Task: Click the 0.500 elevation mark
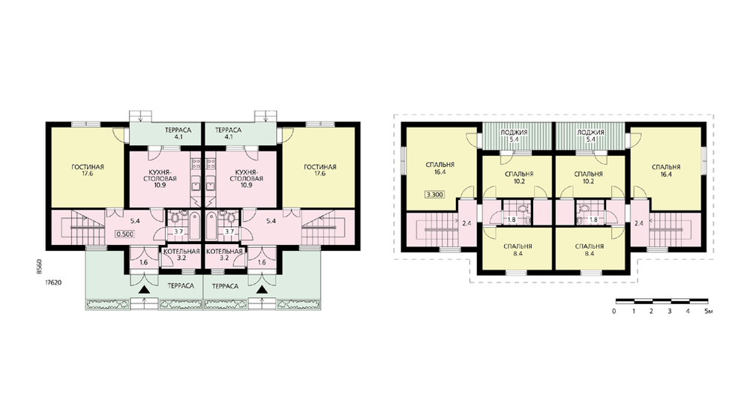click(x=124, y=234)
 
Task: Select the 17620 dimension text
click(x=53, y=282)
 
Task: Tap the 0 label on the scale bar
click(x=614, y=312)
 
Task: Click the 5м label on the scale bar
click(x=709, y=312)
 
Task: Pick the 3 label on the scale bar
click(x=670, y=312)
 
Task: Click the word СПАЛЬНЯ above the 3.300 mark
click(x=440, y=165)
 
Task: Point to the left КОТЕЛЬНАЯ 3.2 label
click(x=181, y=255)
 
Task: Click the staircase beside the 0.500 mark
click(x=88, y=228)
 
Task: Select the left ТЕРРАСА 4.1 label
click(x=178, y=133)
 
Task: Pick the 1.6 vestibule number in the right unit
click(x=262, y=262)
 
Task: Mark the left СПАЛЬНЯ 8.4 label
click(x=518, y=250)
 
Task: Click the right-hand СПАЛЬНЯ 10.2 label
click(x=588, y=178)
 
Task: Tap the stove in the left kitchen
click(x=196, y=164)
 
